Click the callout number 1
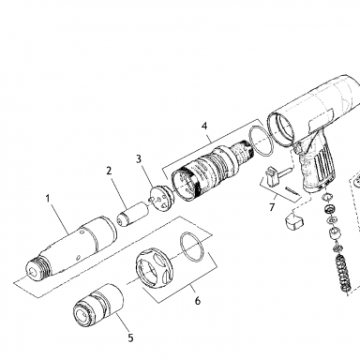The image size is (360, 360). click(x=48, y=199)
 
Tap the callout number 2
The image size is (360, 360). click(x=109, y=171)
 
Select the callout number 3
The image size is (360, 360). click(x=139, y=158)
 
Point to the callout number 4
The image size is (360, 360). click(x=204, y=126)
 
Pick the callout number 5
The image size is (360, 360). click(x=130, y=337)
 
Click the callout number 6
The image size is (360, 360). click(x=198, y=301)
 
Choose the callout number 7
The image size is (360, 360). click(x=272, y=207)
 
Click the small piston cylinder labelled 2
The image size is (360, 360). click(x=133, y=214)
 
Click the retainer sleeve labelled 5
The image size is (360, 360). click(x=98, y=306)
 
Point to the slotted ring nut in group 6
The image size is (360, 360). click(x=155, y=266)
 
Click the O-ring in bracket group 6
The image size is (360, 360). click(x=192, y=247)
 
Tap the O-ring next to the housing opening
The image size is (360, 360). click(x=262, y=142)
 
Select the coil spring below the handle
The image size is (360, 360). click(x=343, y=273)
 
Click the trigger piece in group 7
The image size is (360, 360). click(x=271, y=176)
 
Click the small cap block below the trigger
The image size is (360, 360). click(x=293, y=220)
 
